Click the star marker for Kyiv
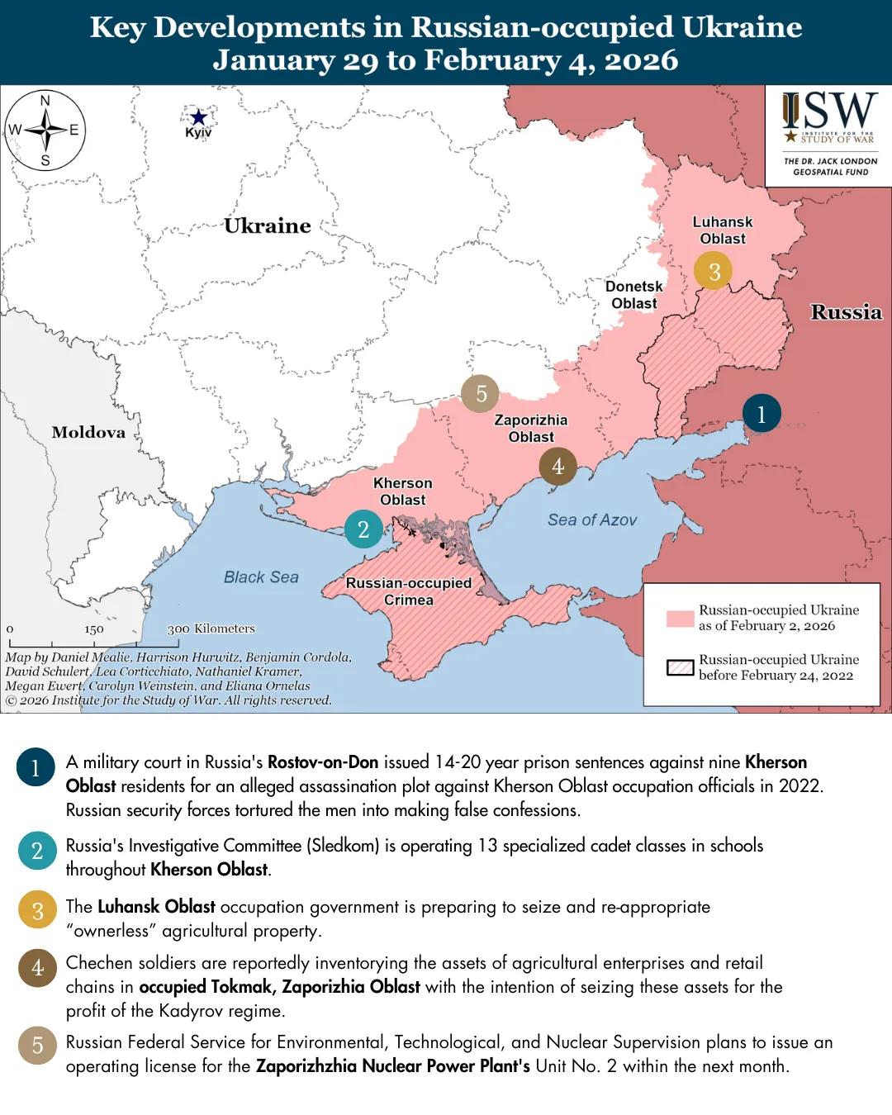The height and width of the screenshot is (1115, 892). point(198,117)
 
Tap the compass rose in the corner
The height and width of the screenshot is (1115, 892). point(45,130)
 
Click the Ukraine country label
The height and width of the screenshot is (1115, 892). point(268,225)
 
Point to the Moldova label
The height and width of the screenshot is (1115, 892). point(88,432)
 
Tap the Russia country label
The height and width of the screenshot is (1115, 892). point(846,312)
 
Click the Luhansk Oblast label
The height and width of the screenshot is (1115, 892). point(723,230)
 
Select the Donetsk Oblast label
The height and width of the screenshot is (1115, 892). point(633,295)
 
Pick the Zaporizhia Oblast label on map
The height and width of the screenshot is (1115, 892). point(531,429)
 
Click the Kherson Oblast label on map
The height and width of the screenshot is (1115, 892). point(402,491)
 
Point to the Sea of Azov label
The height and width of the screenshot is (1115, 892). point(592,520)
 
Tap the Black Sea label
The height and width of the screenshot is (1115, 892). point(261,577)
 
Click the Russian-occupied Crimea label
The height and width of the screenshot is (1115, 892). point(409,591)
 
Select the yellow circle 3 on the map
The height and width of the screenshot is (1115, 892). point(714,271)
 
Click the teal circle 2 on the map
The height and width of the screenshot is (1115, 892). point(363,529)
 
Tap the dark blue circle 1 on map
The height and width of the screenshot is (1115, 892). point(762,414)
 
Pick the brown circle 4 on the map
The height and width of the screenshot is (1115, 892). point(558,467)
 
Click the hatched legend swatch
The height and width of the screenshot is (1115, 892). point(681,667)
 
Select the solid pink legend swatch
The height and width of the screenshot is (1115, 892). point(681,619)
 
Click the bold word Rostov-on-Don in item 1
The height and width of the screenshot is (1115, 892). point(323,762)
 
